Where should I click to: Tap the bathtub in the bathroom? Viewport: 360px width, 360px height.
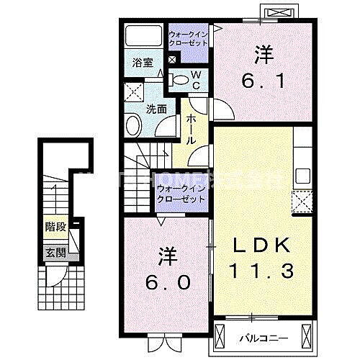(142, 37)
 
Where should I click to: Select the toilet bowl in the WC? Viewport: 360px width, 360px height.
(182, 79)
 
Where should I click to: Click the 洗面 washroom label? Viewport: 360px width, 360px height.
(157, 110)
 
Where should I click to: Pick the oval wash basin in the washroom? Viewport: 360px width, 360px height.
(134, 126)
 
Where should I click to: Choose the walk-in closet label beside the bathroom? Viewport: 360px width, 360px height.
(189, 38)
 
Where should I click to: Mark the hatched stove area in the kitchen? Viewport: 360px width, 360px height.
(301, 203)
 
